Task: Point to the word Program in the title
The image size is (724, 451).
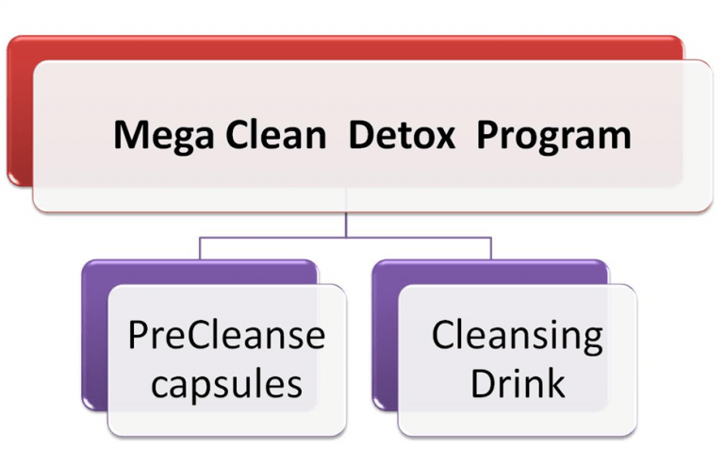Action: click(x=552, y=137)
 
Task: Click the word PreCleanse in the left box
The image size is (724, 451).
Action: click(x=226, y=335)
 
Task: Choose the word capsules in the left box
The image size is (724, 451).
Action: click(x=226, y=383)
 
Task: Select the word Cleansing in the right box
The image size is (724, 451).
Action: click(x=517, y=337)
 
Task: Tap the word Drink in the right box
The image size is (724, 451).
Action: click(x=517, y=382)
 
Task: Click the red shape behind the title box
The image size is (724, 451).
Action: click(x=19, y=113)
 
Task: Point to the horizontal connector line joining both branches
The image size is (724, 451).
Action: click(x=346, y=238)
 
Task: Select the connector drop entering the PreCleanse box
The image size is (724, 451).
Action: click(x=200, y=249)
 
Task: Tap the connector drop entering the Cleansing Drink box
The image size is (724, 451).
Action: click(x=491, y=249)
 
